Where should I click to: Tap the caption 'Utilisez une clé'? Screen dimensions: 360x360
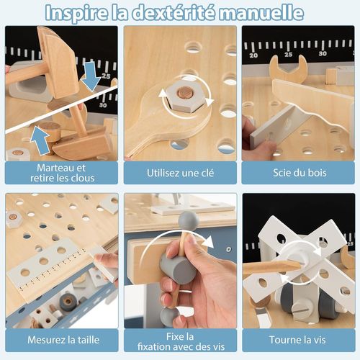click(179, 173)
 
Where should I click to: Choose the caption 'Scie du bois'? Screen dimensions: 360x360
click(298, 173)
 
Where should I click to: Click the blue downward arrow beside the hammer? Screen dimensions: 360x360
click(91, 76)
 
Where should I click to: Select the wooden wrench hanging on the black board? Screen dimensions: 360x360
click(288, 68)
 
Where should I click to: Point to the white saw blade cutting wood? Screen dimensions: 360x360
click(288, 119)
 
